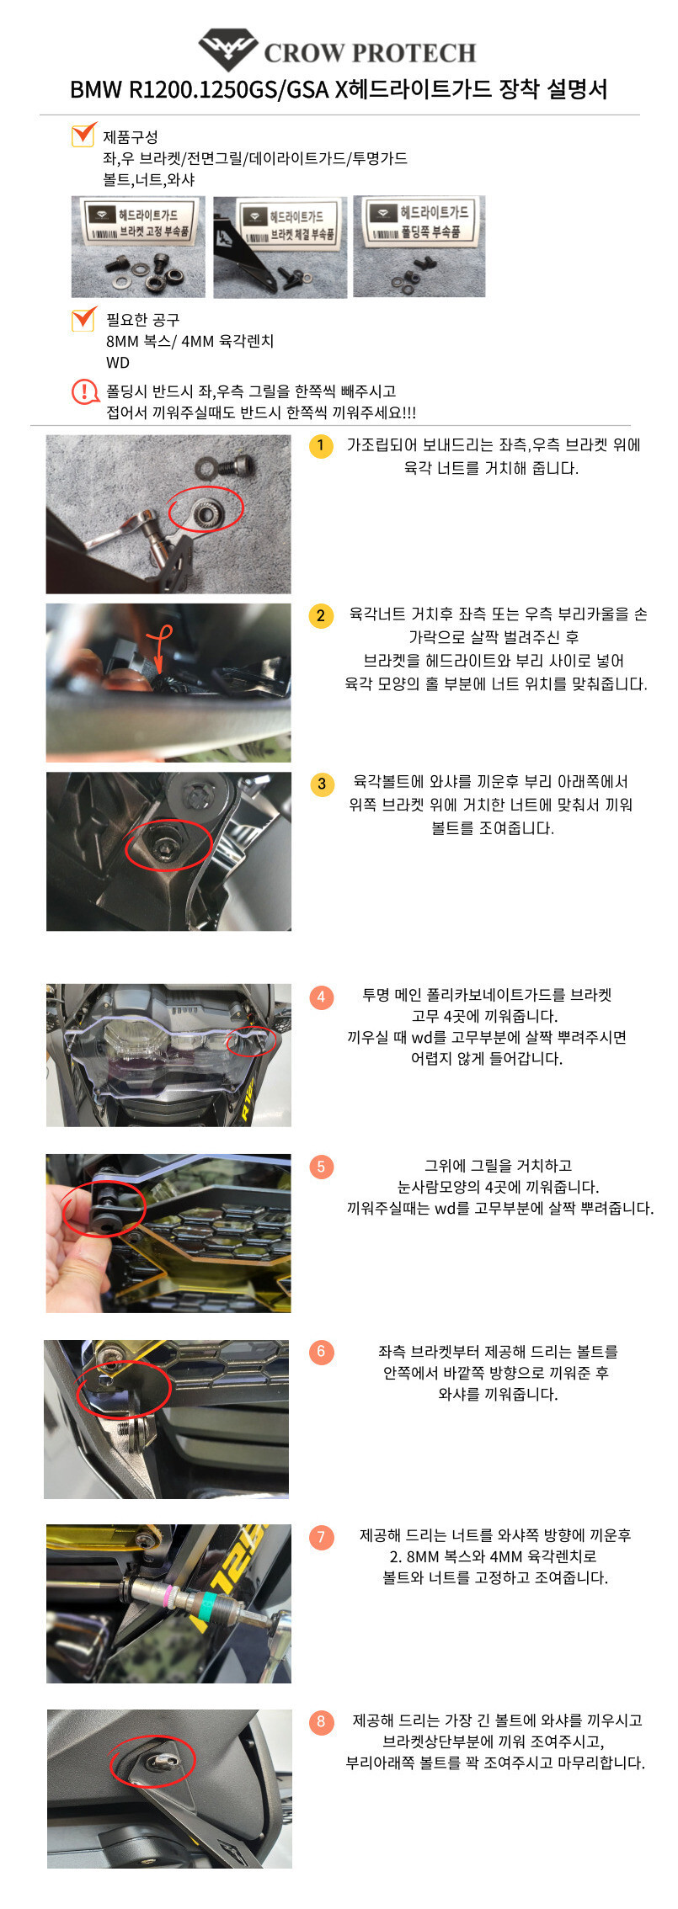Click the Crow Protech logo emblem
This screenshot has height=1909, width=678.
[x=227, y=50]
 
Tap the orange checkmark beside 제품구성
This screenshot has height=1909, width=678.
[x=83, y=134]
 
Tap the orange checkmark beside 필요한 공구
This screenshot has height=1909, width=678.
[x=83, y=318]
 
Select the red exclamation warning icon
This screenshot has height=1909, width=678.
[x=85, y=391]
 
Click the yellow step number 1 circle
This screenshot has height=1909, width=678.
[x=321, y=445]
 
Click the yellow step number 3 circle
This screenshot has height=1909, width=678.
[x=321, y=784]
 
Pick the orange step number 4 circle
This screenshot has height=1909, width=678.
[x=321, y=997]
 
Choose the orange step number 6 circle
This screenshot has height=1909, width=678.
[x=321, y=1352]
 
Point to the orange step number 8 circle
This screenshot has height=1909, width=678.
[x=321, y=1721]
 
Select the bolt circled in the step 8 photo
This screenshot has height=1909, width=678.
[x=156, y=1762]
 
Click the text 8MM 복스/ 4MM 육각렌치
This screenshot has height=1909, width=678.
[x=190, y=341]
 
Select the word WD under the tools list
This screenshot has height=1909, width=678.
[x=118, y=363]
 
